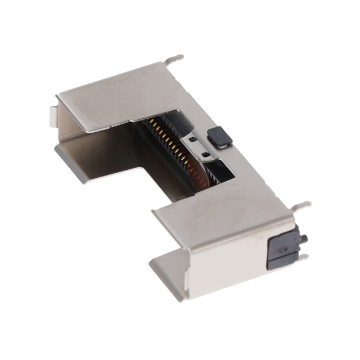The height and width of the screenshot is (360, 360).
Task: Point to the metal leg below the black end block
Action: tap(303, 257)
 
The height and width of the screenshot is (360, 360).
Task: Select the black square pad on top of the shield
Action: tap(219, 137)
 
